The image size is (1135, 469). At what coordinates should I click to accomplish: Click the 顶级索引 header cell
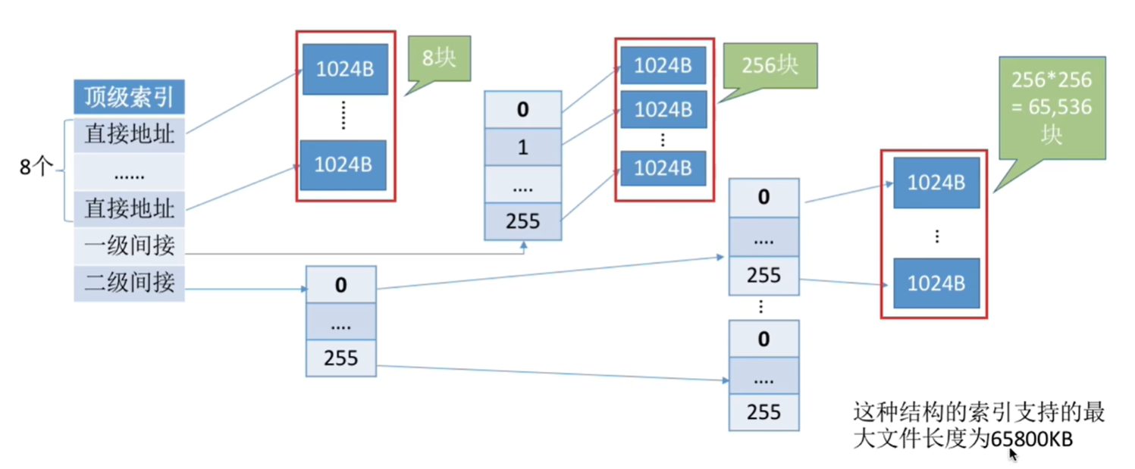129,97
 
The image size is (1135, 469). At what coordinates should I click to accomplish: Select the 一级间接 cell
129,245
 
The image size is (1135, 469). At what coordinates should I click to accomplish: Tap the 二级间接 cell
129,283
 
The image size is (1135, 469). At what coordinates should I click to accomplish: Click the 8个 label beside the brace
36,167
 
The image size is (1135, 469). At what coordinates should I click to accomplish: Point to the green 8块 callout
439,61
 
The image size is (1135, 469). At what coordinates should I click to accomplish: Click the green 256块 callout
770,68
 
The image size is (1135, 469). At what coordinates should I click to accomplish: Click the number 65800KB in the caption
1031,439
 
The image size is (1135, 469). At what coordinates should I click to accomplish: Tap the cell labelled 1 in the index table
523,147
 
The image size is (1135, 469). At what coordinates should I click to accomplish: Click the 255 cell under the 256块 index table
523,221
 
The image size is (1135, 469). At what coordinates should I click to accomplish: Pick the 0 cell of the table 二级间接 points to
341,285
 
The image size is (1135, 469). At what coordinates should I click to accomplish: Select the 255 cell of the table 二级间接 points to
341,358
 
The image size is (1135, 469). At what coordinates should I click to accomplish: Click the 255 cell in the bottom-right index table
764,412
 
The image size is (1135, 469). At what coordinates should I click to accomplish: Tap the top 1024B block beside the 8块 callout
345,69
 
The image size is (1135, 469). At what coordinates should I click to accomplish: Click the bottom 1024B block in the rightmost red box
936,283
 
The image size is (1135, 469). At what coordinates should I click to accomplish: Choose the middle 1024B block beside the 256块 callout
663,109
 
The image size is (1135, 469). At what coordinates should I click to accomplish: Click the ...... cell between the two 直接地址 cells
129,172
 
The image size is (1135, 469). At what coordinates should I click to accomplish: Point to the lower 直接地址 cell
129,208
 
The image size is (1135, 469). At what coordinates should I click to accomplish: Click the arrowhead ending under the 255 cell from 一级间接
523,245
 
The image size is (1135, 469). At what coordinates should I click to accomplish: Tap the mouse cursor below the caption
1013,455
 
